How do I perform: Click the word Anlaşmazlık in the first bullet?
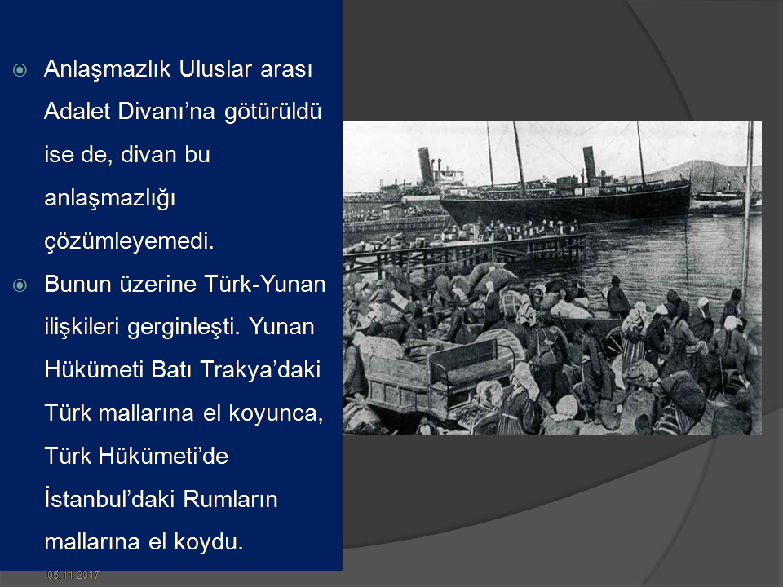point(108,69)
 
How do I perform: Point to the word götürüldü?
point(272,112)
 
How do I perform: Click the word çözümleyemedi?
point(129,241)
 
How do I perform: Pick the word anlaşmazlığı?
point(110,199)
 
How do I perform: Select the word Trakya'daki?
point(260,370)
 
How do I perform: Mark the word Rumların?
point(230,499)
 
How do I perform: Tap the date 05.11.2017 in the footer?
point(73,576)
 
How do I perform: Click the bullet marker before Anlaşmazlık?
point(20,70)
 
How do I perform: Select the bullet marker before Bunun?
point(20,285)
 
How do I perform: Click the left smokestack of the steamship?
point(426,166)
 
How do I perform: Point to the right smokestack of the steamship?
point(590,164)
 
